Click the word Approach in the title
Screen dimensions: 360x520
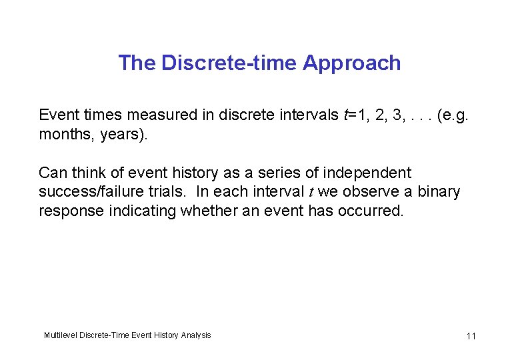click(x=351, y=63)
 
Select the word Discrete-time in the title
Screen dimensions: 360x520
click(x=230, y=63)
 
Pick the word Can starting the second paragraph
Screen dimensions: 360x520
click(x=53, y=173)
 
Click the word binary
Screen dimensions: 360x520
click(x=439, y=192)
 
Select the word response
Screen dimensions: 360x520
click(x=69, y=211)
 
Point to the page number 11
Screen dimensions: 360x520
click(x=471, y=335)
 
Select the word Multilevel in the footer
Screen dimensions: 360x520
click(x=60, y=335)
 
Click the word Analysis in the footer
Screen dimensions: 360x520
click(x=195, y=335)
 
